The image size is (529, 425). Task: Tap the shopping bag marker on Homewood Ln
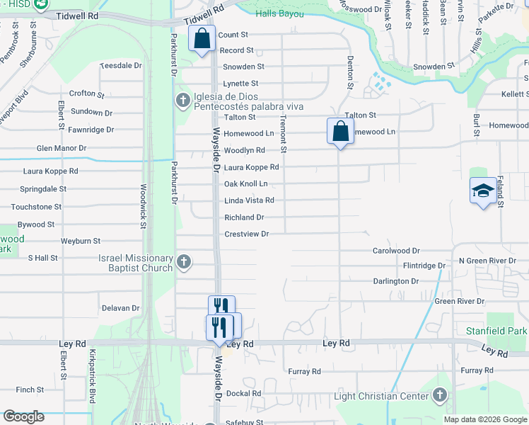[x=340, y=131]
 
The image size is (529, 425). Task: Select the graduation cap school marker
[x=483, y=191]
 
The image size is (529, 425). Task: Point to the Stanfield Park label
[x=496, y=331]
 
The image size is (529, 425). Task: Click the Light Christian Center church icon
[x=440, y=395]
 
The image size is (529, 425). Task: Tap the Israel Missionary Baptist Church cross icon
[x=184, y=263]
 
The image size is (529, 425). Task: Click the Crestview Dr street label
[x=247, y=234]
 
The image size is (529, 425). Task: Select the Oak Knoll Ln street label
[x=245, y=184]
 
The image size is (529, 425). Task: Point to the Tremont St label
[x=284, y=134]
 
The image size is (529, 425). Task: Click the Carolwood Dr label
[x=396, y=251]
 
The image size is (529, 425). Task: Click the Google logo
[x=24, y=416]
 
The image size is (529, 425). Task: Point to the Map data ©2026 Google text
[x=485, y=419]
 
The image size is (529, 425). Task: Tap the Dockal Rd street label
[x=244, y=393]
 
